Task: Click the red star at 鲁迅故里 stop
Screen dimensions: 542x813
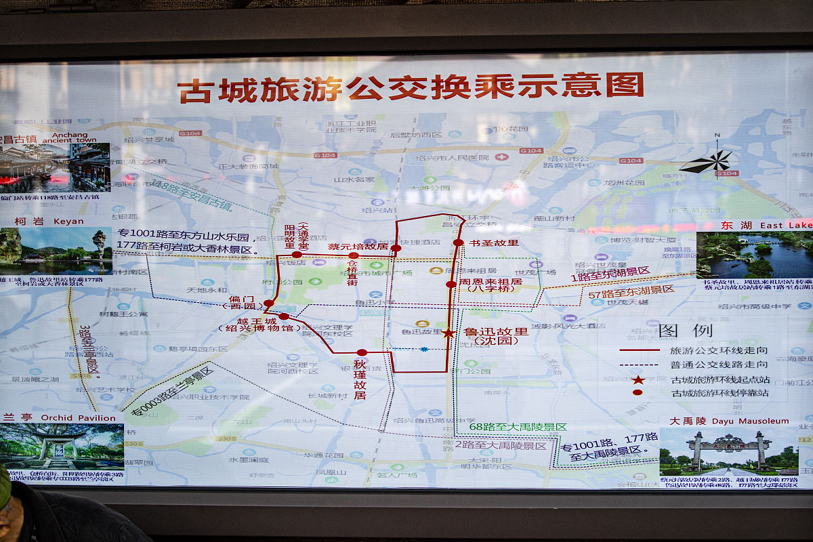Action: [x=449, y=333]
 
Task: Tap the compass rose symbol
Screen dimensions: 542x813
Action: [x=707, y=162]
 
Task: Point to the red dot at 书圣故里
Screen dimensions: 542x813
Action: [x=459, y=243]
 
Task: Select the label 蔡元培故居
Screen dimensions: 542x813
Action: [x=358, y=246]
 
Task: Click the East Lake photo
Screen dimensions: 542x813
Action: [x=754, y=255]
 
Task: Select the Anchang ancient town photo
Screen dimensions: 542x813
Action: [x=55, y=167]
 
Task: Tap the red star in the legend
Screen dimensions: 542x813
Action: [x=638, y=379]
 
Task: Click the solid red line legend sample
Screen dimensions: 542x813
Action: [x=639, y=350]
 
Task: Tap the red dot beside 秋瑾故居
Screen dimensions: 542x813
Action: [x=362, y=352]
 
